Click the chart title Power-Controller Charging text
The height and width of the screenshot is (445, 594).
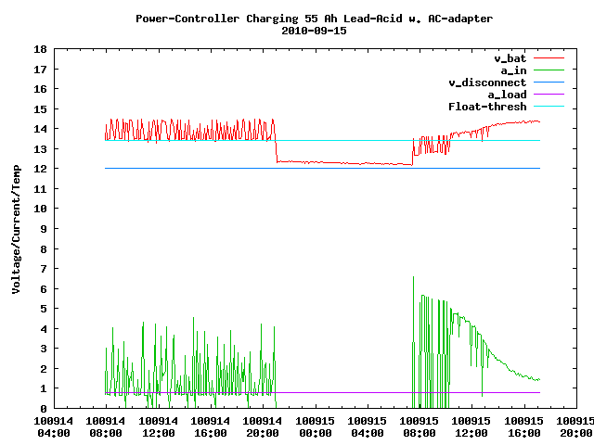pos(315,18)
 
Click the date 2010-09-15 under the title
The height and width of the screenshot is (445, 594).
pos(315,30)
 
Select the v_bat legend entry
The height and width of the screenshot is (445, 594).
pos(510,58)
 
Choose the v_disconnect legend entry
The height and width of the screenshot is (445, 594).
pos(487,83)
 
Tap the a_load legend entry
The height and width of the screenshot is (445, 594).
pos(507,95)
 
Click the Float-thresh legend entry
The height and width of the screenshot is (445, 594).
pos(487,107)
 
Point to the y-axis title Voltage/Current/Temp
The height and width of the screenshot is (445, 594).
pos(16,228)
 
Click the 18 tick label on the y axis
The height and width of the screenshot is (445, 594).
pos(41,49)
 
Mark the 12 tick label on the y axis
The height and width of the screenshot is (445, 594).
pos(41,169)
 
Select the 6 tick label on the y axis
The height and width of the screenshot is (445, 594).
pos(44,288)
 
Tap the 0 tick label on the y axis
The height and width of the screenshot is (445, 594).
pos(44,408)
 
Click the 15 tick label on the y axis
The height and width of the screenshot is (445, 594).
pos(41,108)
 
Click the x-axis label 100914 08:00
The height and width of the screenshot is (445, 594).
pos(107,426)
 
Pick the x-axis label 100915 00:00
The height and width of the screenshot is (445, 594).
pos(315,426)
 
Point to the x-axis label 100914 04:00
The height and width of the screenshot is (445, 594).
pos(55,426)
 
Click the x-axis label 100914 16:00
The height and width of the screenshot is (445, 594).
pos(211,426)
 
